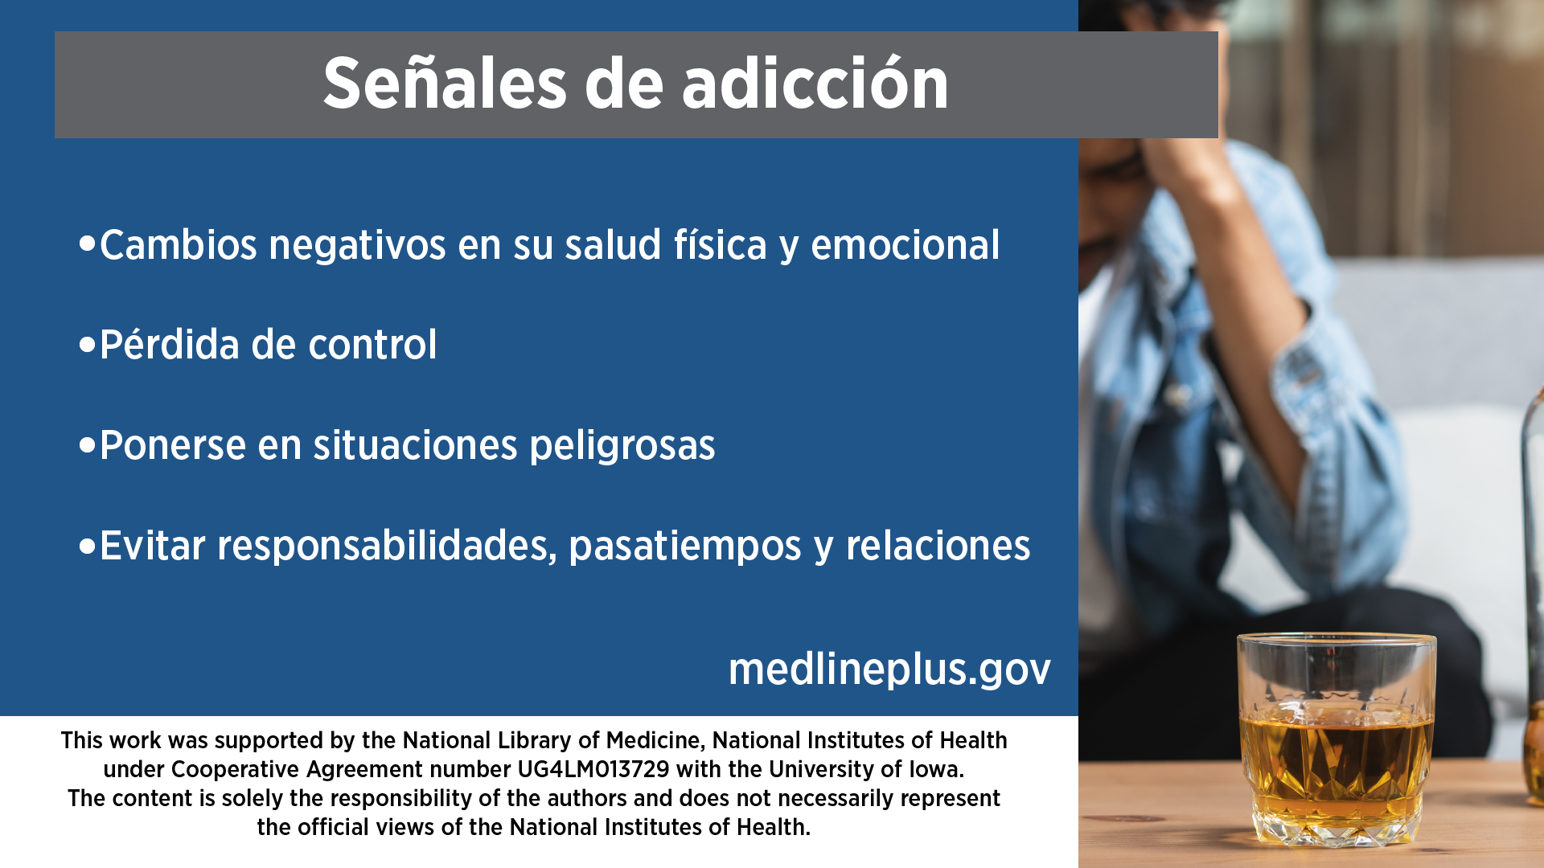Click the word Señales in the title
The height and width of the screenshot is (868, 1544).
[x=445, y=83]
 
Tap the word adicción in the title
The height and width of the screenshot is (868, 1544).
[x=815, y=83]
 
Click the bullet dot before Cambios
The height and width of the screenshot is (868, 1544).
[x=88, y=243]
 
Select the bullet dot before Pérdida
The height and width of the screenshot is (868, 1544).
[x=88, y=345]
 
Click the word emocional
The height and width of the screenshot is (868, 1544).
[x=905, y=245]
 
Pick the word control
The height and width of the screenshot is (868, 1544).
[x=372, y=345]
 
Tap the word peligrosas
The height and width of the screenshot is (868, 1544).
[x=622, y=447]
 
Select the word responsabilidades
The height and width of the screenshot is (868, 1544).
[x=387, y=547]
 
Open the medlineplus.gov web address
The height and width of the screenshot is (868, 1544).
[x=889, y=669]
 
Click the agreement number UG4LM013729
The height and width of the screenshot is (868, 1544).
[x=593, y=769]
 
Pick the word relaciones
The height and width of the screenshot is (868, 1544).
[x=938, y=547]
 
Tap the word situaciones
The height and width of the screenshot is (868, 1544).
[x=416, y=446]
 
